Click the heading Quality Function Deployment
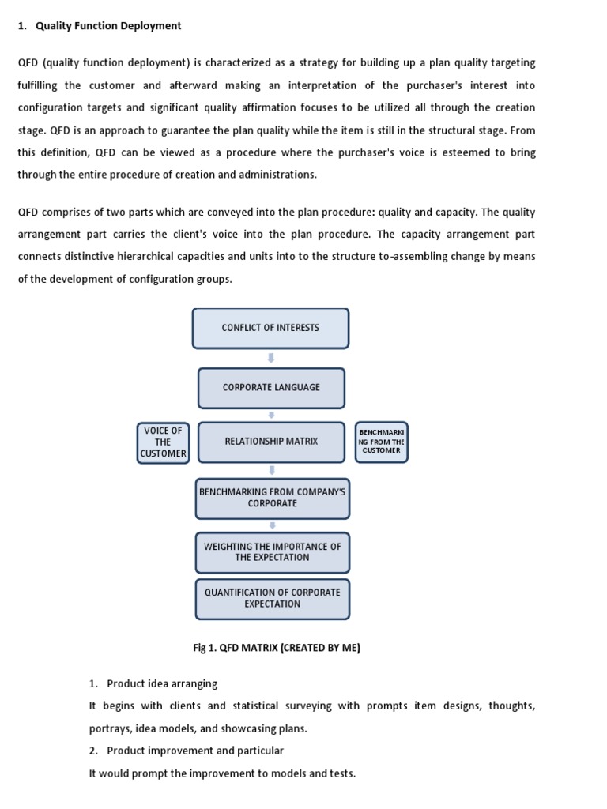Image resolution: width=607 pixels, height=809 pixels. tap(108, 26)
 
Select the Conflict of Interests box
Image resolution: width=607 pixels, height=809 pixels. tap(271, 328)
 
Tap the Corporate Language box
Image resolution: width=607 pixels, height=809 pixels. tap(271, 388)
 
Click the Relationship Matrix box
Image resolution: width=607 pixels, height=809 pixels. tap(271, 442)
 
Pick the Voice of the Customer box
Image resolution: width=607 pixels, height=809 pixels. tap(163, 442)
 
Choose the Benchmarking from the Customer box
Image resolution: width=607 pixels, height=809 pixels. tap(382, 442)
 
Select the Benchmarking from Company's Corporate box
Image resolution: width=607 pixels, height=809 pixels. tap(272, 498)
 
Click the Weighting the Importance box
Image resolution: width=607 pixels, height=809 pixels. tap(272, 551)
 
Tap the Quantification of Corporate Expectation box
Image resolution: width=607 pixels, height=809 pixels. tap(272, 598)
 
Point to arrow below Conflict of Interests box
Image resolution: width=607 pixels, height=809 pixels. tap(271, 358)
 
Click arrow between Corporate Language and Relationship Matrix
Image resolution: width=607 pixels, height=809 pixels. tap(271, 415)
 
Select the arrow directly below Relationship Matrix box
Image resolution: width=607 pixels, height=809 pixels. tap(271, 470)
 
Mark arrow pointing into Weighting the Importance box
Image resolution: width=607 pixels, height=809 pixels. tap(272, 525)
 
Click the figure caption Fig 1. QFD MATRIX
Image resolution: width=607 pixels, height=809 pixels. tap(277, 648)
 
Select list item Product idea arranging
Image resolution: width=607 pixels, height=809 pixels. tap(162, 683)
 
